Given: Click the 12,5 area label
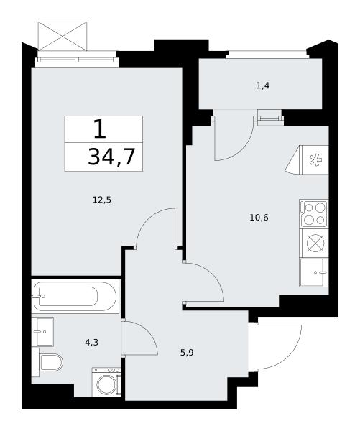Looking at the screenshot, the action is pos(102,200).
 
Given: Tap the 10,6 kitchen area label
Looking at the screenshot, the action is pos(259,218).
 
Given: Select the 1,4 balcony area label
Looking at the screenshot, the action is pos(263,85).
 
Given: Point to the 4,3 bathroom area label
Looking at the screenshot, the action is pos(91,342).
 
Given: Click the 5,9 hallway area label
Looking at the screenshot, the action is pos(187,353).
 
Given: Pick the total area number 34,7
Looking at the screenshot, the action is pos(111,157).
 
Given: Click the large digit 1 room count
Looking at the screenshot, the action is pos(100,129).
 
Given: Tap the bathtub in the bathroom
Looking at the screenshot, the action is pos(75,296).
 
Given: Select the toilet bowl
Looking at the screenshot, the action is pos(51,362).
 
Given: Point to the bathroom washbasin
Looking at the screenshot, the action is pos(45,331).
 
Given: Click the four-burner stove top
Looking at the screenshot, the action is pos(314,213).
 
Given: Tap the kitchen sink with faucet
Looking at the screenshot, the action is pos(314,272).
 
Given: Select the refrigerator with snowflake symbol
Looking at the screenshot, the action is pos(315,159).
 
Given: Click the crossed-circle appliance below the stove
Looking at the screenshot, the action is pos(315,243).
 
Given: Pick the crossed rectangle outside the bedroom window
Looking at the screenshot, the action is pos(62,36).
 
